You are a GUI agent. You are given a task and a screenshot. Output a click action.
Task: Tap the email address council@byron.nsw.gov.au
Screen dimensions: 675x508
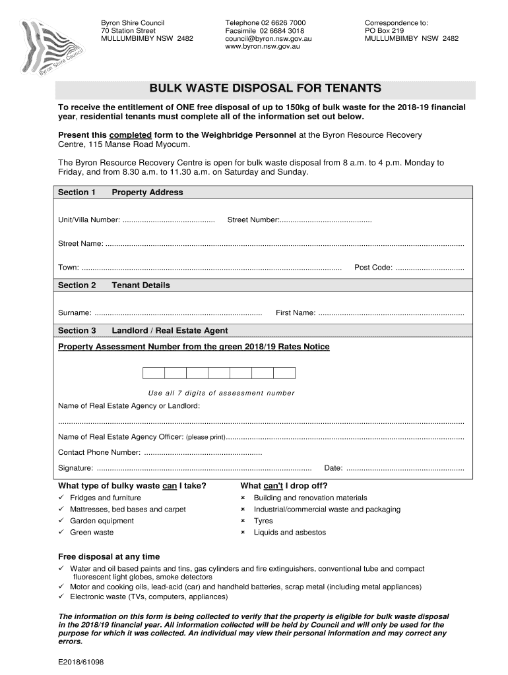pos(268,39)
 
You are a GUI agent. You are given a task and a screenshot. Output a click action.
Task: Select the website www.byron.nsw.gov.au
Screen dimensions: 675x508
pos(258,47)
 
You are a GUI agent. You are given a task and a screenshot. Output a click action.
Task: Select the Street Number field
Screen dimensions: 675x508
pos(325,220)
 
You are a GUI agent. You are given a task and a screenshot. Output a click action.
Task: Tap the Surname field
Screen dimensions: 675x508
pos(178,313)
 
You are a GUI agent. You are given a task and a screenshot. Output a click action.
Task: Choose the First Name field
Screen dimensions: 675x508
pos(391,313)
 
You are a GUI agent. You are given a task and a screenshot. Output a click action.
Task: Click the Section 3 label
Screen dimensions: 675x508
pos(77,331)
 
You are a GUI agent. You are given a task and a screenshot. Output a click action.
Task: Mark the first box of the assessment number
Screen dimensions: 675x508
pos(154,373)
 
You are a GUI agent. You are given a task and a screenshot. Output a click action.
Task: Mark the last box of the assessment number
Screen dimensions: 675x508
pos(284,373)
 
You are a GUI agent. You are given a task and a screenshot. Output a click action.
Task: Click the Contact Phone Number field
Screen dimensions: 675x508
pos(203,453)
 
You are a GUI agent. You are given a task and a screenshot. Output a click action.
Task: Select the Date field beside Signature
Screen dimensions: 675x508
pos(404,469)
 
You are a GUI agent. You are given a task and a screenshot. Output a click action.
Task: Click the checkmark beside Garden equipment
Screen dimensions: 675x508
pos(61,521)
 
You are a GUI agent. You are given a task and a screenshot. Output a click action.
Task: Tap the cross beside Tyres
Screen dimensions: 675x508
pos(243,521)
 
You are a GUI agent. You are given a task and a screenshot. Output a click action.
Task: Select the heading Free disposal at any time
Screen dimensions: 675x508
pos(109,557)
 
